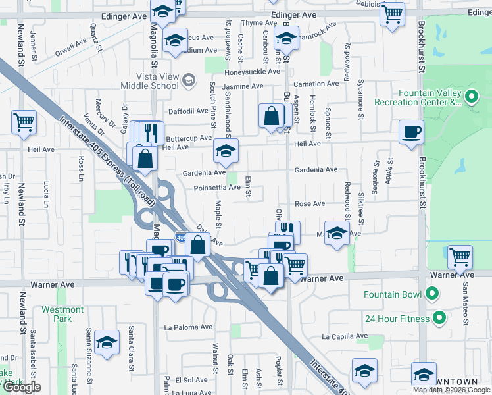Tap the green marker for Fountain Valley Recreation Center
(471, 97)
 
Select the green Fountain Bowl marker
(431, 293)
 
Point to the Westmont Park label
(62, 314)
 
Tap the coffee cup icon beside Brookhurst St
(411, 132)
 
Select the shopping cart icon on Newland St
(24, 122)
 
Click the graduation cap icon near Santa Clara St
(107, 342)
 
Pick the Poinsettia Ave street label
(217, 187)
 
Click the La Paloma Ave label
(188, 327)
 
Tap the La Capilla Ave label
(343, 336)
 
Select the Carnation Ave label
(316, 84)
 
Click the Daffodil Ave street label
(189, 111)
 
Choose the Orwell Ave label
(71, 46)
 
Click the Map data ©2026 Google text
(451, 390)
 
